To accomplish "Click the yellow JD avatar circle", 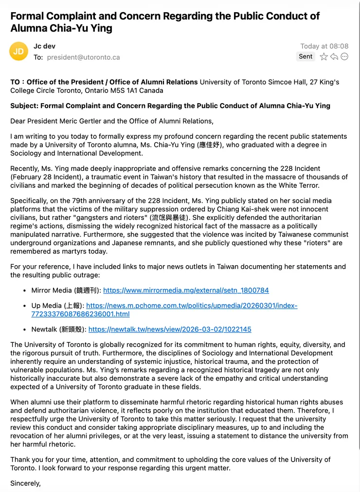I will click(x=18, y=51).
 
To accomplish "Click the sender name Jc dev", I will click(x=44, y=46).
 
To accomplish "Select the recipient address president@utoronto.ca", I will click(x=83, y=57).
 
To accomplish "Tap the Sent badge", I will click(x=306, y=56).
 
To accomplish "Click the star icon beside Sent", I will click(x=324, y=57).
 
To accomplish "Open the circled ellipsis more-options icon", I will click(x=344, y=57).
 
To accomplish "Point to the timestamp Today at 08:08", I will click(x=324, y=46).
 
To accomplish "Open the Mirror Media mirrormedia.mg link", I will click(x=186, y=291).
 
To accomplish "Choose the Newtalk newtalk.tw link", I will click(x=170, y=329).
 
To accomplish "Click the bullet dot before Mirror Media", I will click(x=25, y=291).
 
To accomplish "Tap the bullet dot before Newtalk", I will click(x=25, y=329).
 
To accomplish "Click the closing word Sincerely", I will click(x=25, y=483).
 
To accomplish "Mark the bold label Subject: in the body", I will click(x=24, y=106).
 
